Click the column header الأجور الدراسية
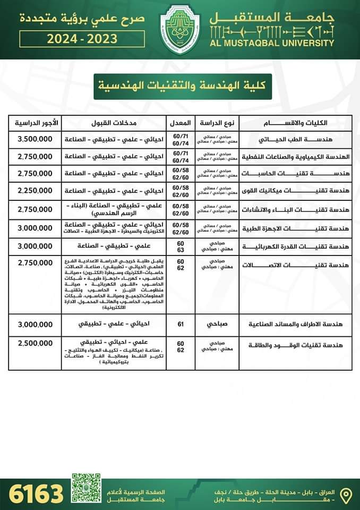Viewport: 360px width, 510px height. coord(38,123)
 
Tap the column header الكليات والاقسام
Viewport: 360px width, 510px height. coord(295,123)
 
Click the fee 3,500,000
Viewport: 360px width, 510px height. coord(35,140)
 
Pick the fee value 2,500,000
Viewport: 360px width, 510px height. coord(35,344)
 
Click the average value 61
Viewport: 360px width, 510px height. coord(181,324)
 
